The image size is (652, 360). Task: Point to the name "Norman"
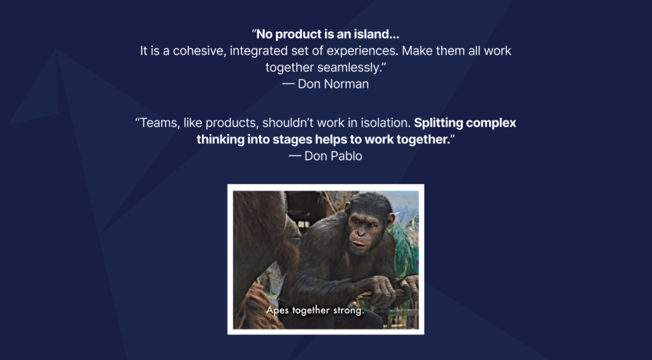(x=346, y=84)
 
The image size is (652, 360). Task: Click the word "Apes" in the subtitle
(x=276, y=310)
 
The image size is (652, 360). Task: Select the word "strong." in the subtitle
(x=348, y=310)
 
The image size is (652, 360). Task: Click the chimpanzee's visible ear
(x=390, y=219)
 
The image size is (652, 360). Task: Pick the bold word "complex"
(x=491, y=123)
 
